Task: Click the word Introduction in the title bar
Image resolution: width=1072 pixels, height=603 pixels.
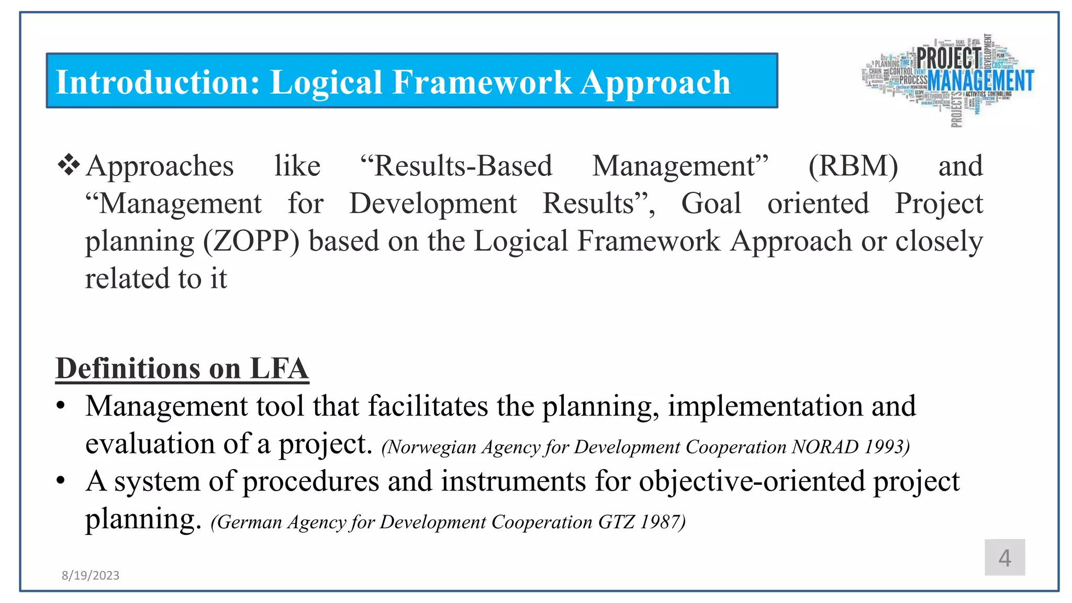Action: [x=157, y=83]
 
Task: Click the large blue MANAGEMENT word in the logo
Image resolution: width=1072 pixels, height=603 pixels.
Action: [x=980, y=81]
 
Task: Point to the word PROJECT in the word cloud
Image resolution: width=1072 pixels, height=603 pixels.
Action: [x=948, y=57]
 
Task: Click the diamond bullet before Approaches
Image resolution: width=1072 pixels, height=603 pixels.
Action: [x=69, y=165]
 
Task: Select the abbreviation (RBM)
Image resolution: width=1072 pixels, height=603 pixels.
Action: [x=853, y=166]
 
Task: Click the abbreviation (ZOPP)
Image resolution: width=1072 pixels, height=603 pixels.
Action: [x=251, y=241]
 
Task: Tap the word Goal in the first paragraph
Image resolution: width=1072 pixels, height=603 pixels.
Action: [x=711, y=204]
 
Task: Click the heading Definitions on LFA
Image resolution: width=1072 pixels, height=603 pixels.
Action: [x=182, y=368]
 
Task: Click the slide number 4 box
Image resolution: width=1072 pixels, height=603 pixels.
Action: [x=1004, y=557]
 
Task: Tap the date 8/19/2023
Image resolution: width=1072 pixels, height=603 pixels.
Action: [x=90, y=575]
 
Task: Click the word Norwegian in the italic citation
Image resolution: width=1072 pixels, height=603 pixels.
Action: [x=431, y=447]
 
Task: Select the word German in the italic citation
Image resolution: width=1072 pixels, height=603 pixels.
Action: [x=249, y=522]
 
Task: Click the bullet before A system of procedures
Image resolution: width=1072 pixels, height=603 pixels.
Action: [x=61, y=481]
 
